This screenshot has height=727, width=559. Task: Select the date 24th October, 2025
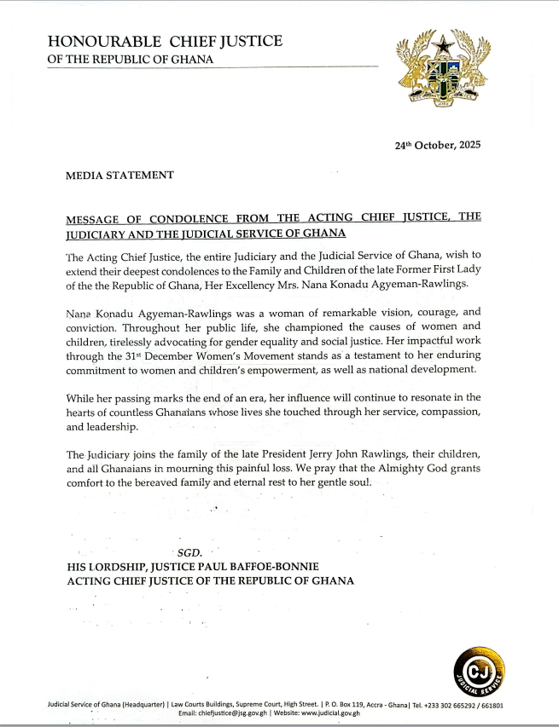coord(437,145)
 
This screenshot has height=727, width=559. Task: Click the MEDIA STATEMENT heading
coord(119,175)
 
